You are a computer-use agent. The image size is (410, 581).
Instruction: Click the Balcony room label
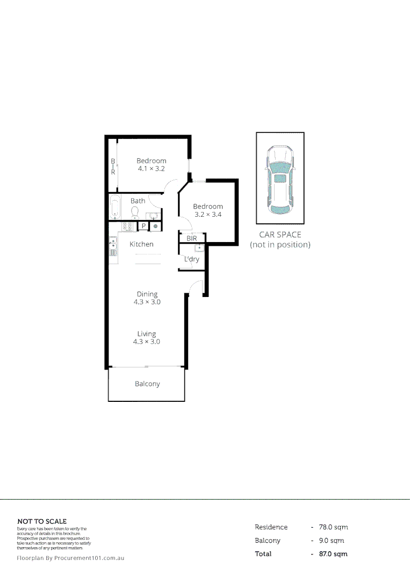(x=147, y=384)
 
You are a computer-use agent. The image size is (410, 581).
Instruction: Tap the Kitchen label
(x=141, y=244)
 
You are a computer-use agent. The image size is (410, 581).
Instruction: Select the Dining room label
(x=147, y=294)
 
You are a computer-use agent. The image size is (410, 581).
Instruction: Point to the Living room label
(x=147, y=334)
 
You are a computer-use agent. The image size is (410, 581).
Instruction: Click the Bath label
(x=138, y=201)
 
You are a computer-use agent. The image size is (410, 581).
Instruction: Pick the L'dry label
(x=191, y=259)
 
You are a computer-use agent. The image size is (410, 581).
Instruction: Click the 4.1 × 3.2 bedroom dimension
(x=151, y=168)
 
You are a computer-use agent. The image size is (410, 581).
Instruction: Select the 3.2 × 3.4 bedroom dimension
(x=208, y=214)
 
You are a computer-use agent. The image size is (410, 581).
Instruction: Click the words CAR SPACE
(x=280, y=235)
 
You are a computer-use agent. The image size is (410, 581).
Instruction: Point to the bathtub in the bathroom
(x=116, y=207)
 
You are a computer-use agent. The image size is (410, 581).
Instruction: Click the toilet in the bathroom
(x=135, y=212)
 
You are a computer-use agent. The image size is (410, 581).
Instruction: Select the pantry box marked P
(x=143, y=226)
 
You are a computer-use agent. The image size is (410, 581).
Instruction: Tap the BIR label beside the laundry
(x=191, y=238)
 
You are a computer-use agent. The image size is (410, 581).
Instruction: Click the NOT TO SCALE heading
(x=42, y=521)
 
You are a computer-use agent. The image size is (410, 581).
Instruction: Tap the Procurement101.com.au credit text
(x=70, y=558)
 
